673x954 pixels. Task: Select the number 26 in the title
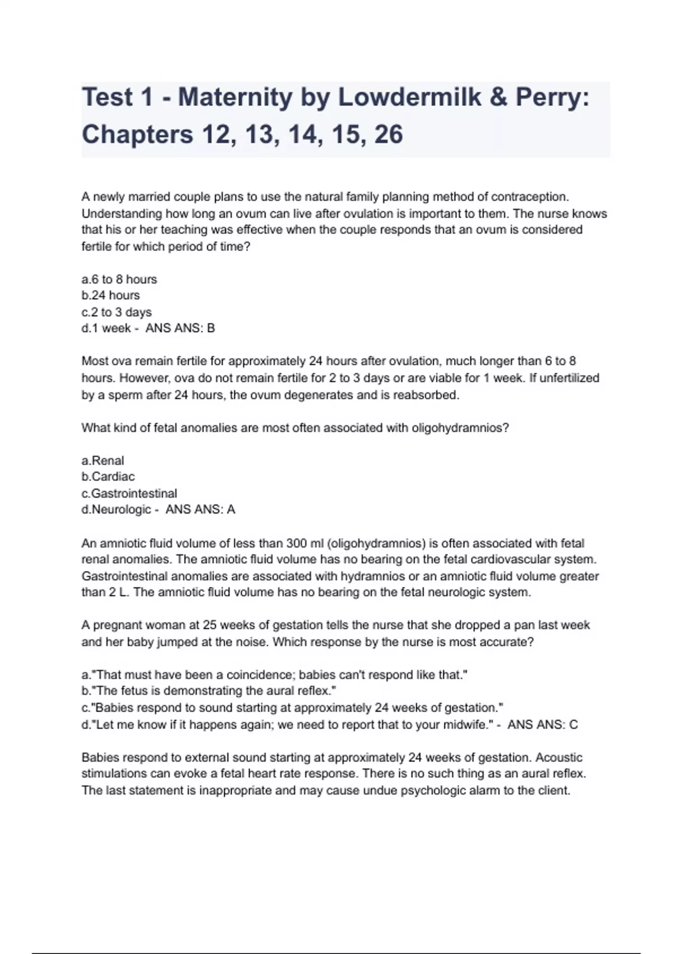coord(388,135)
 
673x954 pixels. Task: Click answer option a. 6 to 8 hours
coord(119,279)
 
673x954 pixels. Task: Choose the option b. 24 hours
coord(110,295)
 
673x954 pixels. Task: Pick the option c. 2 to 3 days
coord(117,312)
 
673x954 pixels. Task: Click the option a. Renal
coord(103,460)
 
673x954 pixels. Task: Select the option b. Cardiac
coord(108,476)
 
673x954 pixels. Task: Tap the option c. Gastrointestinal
coord(129,493)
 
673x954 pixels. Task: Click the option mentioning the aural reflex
coord(209,691)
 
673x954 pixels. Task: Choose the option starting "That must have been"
coord(274,675)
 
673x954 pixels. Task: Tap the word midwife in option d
coord(469,724)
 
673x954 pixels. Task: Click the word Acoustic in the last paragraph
coord(559,758)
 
